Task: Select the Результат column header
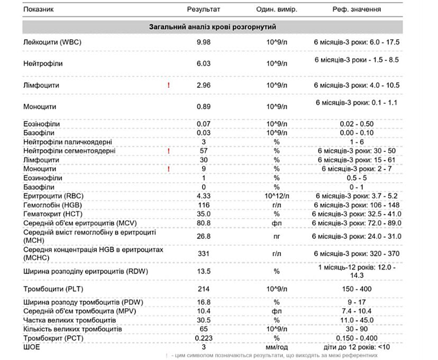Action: (204, 10)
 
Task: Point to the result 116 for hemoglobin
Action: (204, 204)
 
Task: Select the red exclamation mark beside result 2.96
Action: (169, 85)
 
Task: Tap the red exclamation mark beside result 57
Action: (169, 151)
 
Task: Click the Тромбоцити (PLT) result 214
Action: (204, 289)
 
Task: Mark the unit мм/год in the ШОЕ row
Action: (276, 347)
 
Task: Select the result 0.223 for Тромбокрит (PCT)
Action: (204, 338)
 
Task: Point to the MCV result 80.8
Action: (204, 223)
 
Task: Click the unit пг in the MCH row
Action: (276, 237)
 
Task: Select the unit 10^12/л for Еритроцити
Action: (276, 195)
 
